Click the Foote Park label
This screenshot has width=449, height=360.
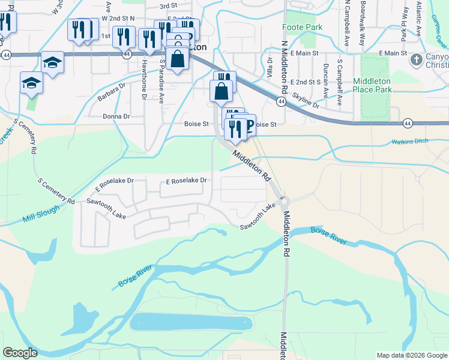click(x=303, y=28)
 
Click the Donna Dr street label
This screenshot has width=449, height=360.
click(x=116, y=116)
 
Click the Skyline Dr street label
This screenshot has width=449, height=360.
click(x=306, y=100)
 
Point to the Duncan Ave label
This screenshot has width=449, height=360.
click(x=326, y=80)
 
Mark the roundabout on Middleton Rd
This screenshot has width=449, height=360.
click(x=283, y=202)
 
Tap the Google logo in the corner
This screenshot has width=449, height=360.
click(x=20, y=352)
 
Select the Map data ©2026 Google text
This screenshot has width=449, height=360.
click(x=411, y=355)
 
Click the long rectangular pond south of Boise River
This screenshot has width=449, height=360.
click(x=191, y=323)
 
